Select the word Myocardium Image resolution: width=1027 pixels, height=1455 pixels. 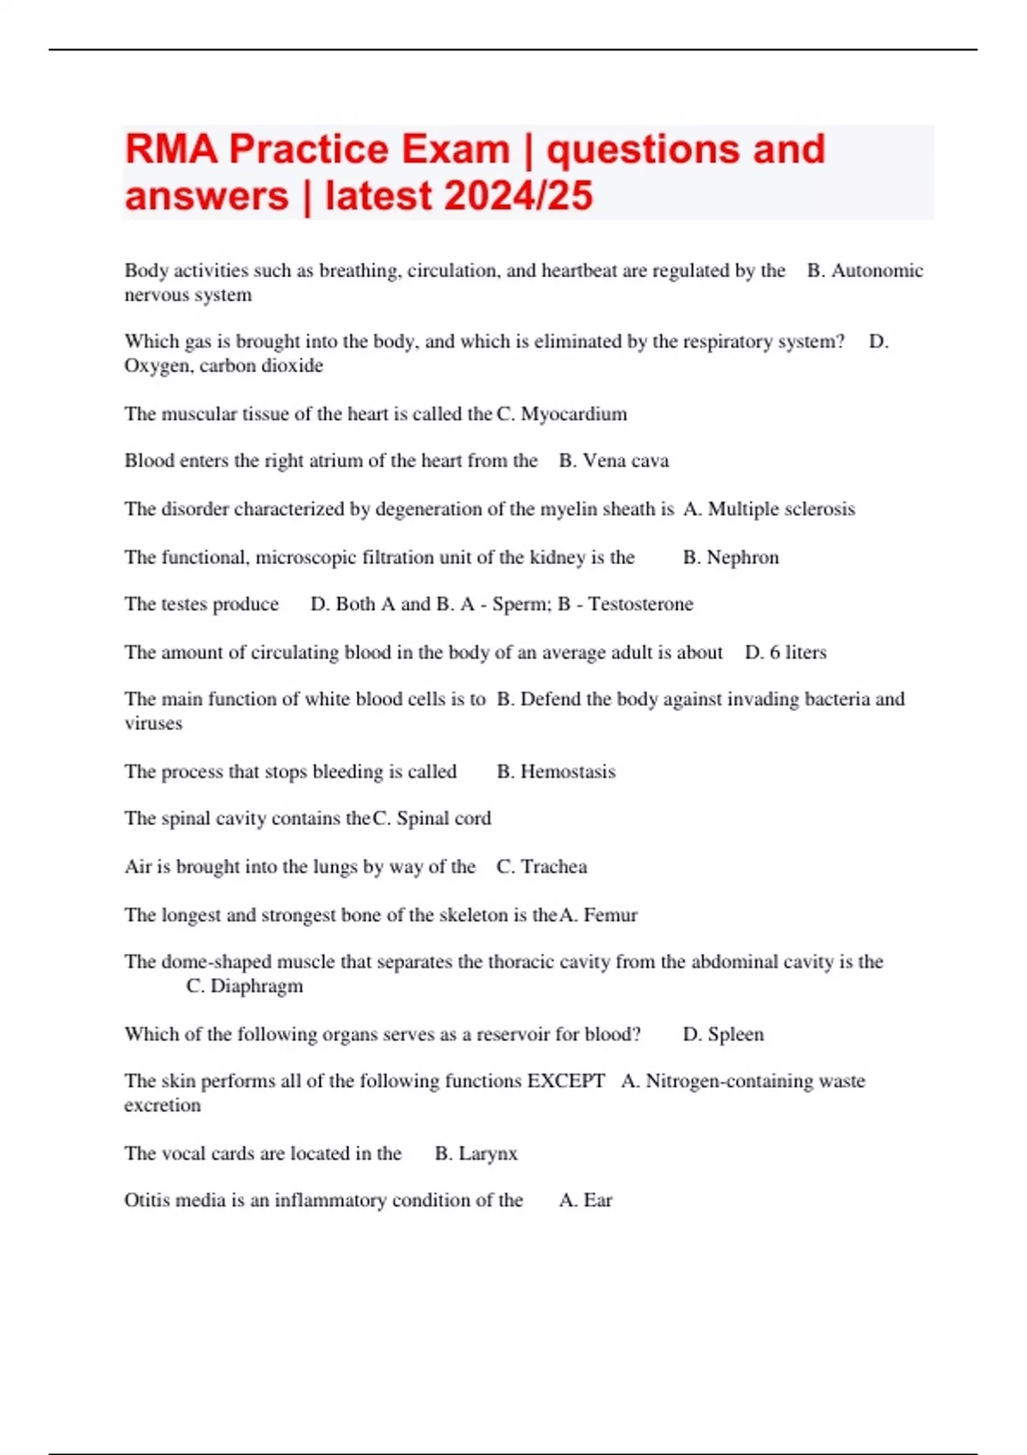pos(573,414)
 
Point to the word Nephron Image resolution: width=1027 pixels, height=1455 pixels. pos(743,558)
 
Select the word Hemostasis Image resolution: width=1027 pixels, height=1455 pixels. pos(567,772)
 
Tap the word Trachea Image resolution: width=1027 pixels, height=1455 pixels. pos(554,867)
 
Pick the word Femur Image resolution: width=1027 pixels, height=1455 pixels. pos(610,915)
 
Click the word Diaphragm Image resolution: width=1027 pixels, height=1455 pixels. pos(257,986)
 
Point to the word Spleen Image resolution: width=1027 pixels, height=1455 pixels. pos(735,1035)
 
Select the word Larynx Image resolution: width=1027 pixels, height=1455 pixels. pos(488,1154)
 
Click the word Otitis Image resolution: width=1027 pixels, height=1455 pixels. pos(146,1201)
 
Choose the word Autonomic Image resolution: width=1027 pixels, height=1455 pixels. pos(877,271)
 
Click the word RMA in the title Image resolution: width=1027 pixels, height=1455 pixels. pos(171,150)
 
